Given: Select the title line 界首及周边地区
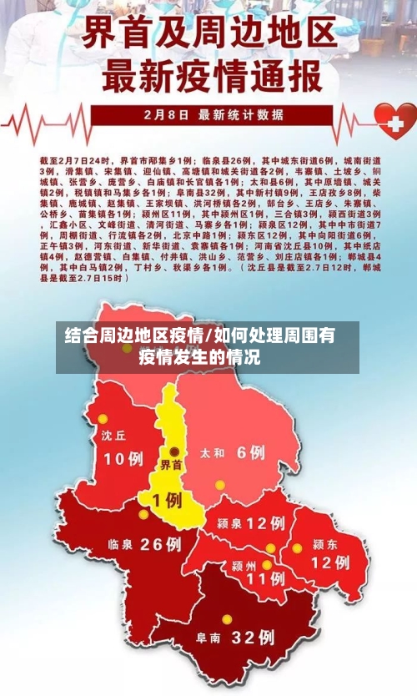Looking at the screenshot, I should tap(209, 34).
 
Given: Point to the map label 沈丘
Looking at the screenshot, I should tap(113, 436).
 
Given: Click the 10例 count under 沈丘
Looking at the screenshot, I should tap(123, 458).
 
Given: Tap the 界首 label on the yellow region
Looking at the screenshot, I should tap(172, 465).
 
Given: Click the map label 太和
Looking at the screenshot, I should tap(213, 454).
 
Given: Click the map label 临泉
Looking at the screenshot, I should tap(121, 544).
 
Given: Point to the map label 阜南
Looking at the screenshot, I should tap(208, 638).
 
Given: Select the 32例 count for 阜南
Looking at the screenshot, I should tap(252, 638).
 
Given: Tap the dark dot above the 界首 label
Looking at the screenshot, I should tap(173, 451).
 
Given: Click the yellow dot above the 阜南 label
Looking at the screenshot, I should tap(226, 619).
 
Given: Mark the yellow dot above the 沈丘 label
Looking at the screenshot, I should tap(103, 419).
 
